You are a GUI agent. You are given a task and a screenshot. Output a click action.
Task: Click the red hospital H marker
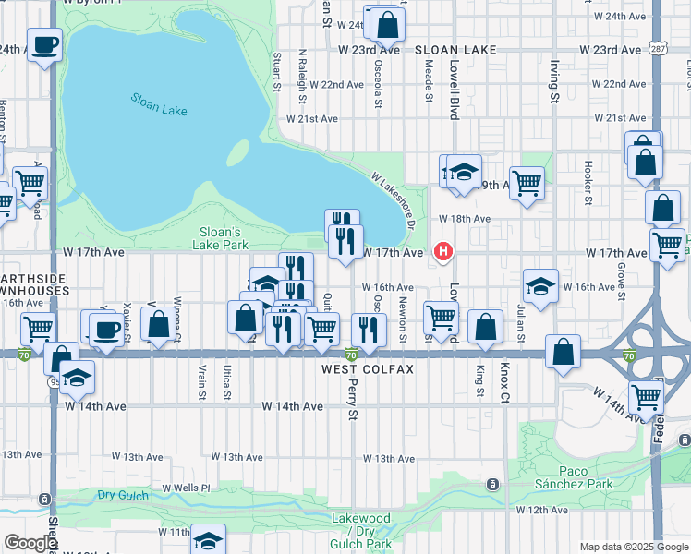(444, 250)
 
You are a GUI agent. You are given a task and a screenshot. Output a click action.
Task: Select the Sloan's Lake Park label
(221, 238)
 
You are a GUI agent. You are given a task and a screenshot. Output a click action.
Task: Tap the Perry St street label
(352, 399)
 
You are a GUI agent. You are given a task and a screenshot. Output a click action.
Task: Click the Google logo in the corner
(30, 543)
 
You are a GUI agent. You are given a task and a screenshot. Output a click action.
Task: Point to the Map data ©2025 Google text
(634, 547)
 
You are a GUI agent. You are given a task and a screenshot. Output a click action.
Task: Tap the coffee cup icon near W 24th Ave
(44, 44)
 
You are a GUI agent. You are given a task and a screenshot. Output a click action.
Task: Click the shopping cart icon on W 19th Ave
(527, 182)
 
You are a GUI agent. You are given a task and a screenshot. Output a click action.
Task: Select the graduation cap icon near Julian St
(540, 284)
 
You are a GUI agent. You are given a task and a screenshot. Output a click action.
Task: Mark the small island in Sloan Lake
(237, 152)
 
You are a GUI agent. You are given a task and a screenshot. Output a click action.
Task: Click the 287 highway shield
(657, 46)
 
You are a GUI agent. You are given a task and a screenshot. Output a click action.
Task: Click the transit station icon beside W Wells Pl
(493, 484)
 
